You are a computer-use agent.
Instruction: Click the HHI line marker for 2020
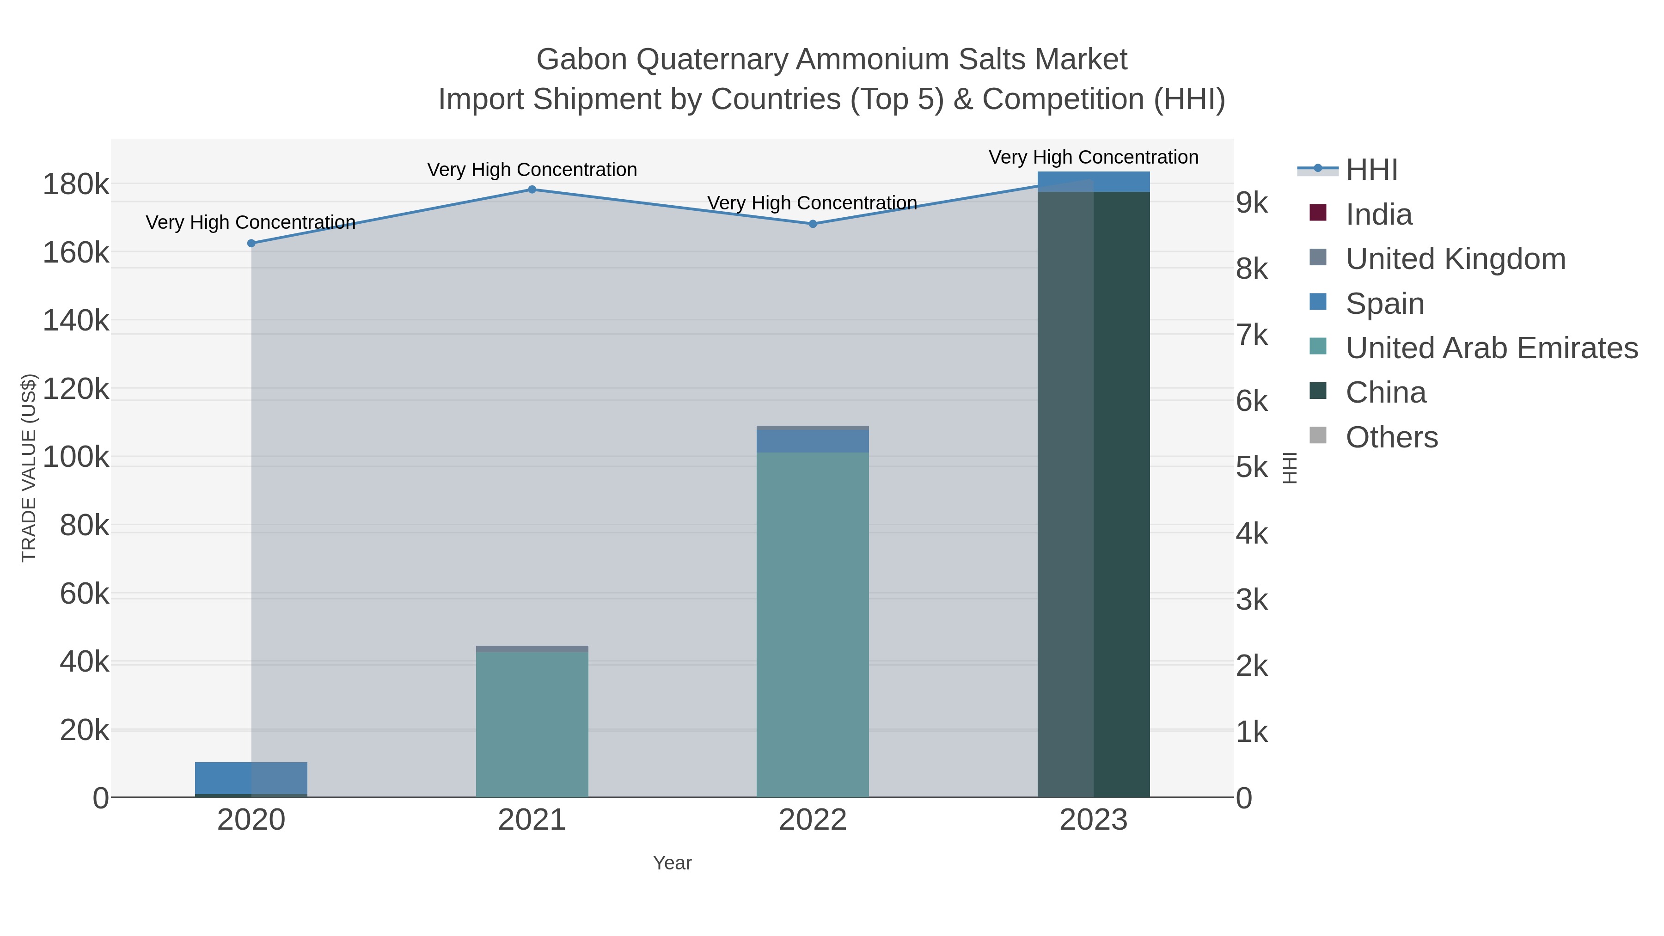coord(251,244)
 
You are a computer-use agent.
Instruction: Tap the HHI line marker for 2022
coord(813,224)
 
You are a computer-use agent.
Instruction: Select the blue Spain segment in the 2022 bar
coord(813,441)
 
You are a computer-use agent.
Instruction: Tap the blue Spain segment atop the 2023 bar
coord(1094,182)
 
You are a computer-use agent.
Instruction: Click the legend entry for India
coord(1378,214)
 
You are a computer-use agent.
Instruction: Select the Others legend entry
coord(1391,437)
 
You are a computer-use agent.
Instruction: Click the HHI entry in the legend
coord(1371,170)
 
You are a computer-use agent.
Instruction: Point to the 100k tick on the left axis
coord(76,457)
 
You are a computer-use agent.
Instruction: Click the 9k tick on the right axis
coord(1252,203)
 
